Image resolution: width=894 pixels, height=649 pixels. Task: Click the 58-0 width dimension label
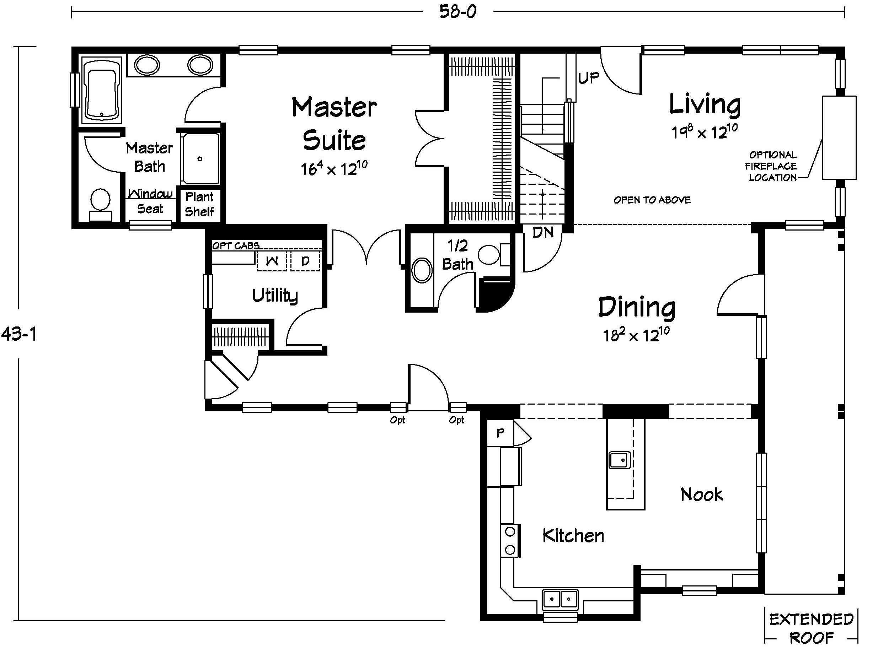point(458,11)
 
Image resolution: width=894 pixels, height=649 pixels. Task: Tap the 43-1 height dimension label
point(19,334)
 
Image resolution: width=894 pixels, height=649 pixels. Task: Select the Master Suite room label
point(334,124)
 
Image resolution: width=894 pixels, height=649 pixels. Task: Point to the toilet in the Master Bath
point(100,204)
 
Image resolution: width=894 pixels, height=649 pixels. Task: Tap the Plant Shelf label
point(199,204)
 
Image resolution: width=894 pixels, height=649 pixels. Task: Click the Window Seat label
point(150,201)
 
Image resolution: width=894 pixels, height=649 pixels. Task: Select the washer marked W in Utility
point(272,261)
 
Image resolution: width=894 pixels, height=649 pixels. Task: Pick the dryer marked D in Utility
point(305,261)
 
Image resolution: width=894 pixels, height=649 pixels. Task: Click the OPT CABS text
point(236,246)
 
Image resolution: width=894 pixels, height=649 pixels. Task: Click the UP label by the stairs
point(589,78)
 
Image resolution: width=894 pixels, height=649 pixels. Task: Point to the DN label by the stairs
point(543,233)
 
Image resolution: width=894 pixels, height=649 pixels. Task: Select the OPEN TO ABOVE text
point(652,200)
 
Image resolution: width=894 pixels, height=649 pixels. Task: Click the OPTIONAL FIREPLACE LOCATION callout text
point(772,166)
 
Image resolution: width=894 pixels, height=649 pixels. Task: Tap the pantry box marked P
point(500,433)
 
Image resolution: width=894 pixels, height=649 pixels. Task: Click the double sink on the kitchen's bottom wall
point(560,599)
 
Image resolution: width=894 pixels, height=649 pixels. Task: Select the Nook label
point(702,494)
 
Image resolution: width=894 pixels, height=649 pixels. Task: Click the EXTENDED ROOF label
point(812,628)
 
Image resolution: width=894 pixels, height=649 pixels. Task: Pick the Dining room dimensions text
point(636,335)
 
